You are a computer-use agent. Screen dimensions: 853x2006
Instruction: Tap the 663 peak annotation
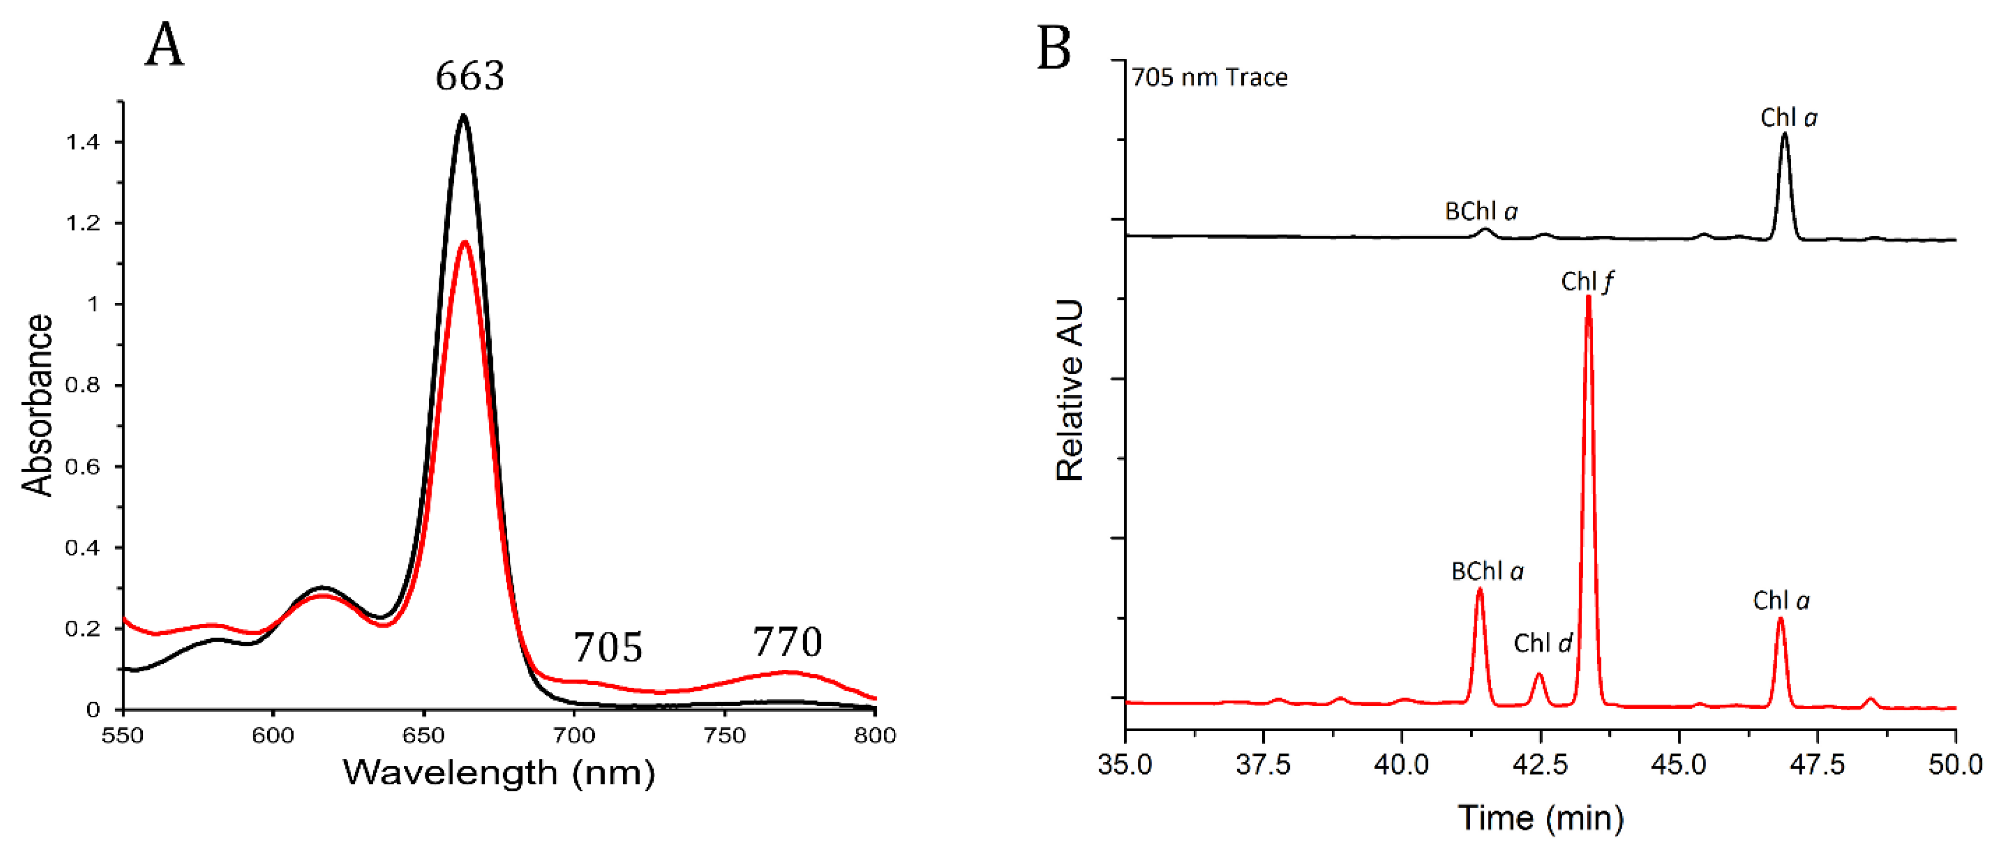[469, 76]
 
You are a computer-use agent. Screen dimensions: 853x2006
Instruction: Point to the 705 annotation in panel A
[608, 647]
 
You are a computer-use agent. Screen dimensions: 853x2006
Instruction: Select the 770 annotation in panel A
[787, 643]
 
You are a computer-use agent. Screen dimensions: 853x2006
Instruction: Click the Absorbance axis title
[37, 405]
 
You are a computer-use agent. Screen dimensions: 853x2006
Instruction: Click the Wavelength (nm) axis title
[499, 773]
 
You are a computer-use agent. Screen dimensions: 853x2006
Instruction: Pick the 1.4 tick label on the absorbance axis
[82, 142]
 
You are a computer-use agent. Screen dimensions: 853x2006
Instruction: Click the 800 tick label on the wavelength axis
[874, 735]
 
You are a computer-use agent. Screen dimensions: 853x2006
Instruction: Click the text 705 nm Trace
[1210, 78]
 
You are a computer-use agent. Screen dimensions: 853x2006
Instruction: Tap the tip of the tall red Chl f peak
[1589, 297]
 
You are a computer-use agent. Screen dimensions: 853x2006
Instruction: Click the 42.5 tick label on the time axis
[1540, 765]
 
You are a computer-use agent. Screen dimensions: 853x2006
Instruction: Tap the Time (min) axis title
[1540, 819]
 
